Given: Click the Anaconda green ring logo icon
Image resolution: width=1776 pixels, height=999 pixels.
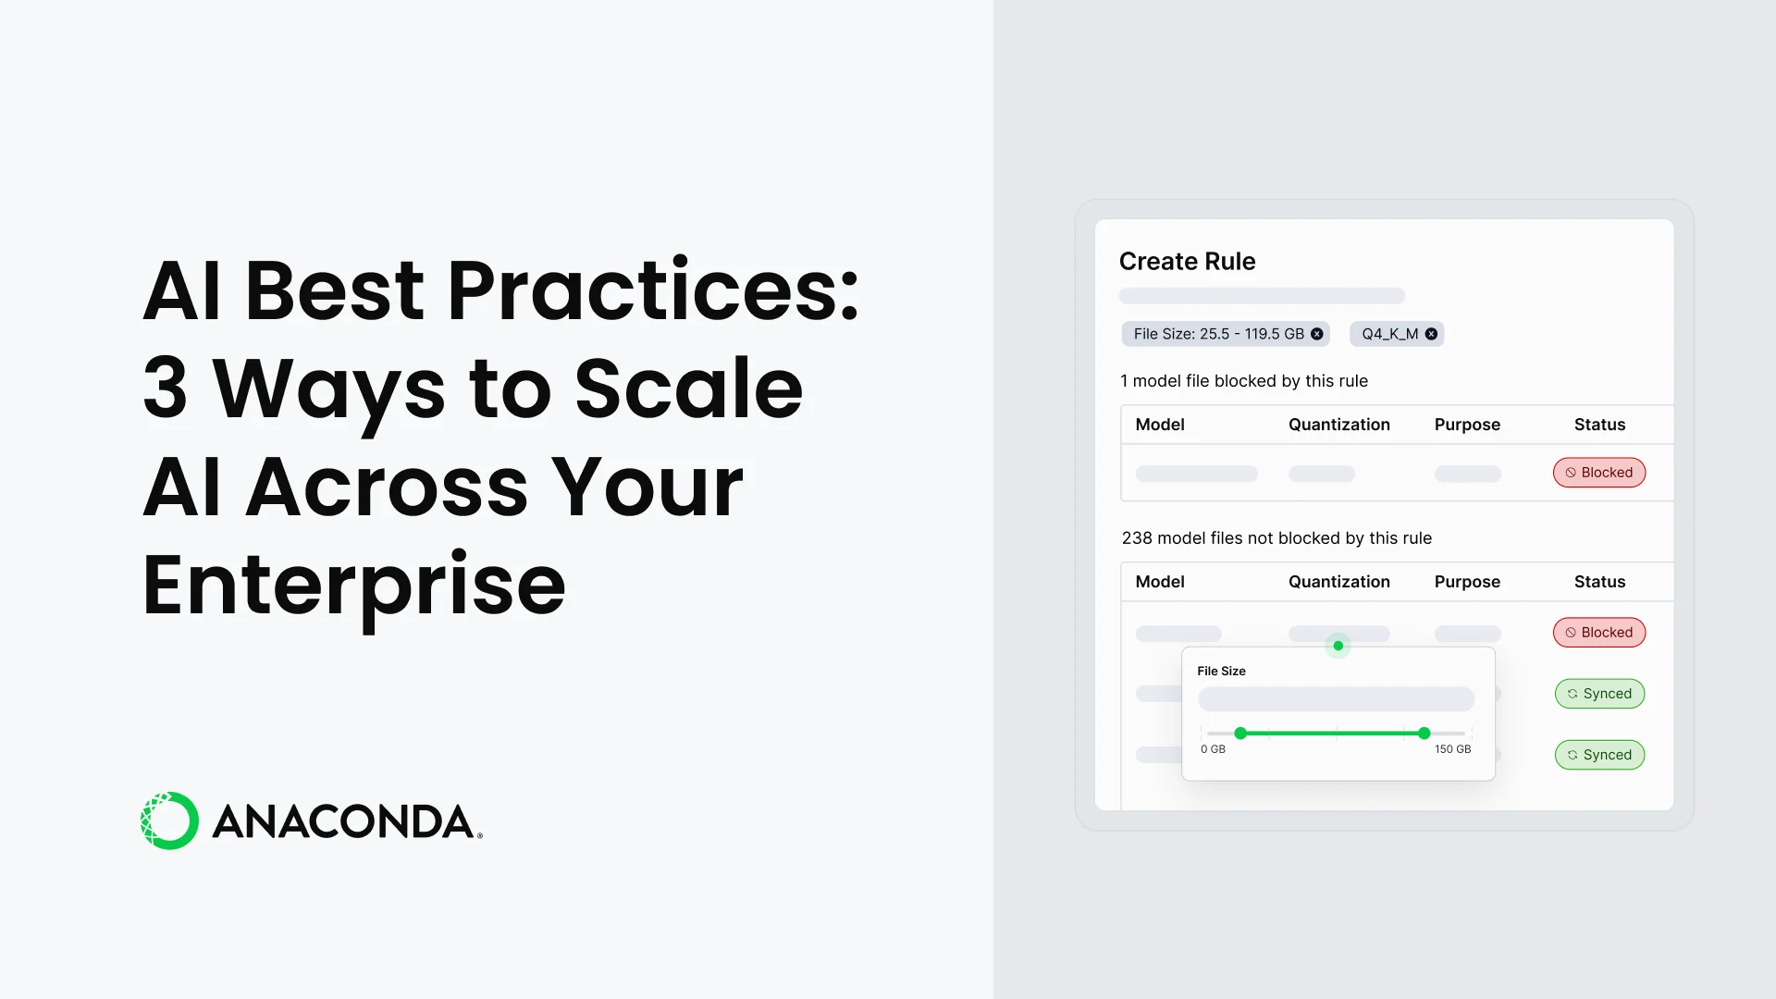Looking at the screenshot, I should (x=169, y=820).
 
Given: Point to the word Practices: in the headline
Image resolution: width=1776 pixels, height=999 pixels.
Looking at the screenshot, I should (x=653, y=290).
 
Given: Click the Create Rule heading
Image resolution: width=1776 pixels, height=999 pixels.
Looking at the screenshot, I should (x=1187, y=261).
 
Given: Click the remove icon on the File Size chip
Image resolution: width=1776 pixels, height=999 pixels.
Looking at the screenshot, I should (x=1316, y=334).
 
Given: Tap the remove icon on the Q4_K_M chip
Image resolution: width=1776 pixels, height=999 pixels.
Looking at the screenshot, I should (x=1431, y=334).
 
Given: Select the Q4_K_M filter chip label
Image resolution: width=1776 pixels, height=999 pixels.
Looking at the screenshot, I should (x=1389, y=334).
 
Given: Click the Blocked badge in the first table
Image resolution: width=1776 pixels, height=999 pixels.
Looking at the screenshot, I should (x=1598, y=473).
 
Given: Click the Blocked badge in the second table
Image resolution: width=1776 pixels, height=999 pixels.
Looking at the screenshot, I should (x=1598, y=633).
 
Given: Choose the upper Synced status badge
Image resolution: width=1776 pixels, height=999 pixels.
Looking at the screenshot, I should (x=1599, y=694).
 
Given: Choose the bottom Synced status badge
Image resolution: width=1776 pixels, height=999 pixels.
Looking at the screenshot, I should (x=1599, y=755).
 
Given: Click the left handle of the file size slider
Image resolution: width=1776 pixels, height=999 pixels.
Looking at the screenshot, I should (x=1240, y=734).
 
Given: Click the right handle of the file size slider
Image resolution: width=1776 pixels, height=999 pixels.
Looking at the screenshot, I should (x=1424, y=734).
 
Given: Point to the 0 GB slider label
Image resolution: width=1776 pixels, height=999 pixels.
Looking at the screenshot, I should (x=1213, y=749).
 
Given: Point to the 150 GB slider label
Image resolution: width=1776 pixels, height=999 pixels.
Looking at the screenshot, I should (x=1452, y=749).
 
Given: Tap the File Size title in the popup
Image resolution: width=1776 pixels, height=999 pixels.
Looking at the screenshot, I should (x=1221, y=672).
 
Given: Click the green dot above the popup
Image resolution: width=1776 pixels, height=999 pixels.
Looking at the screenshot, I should (x=1338, y=646).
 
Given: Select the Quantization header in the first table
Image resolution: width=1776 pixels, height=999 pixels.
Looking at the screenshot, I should (x=1338, y=425).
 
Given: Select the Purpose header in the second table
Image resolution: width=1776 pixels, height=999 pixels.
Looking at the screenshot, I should (x=1467, y=582).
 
